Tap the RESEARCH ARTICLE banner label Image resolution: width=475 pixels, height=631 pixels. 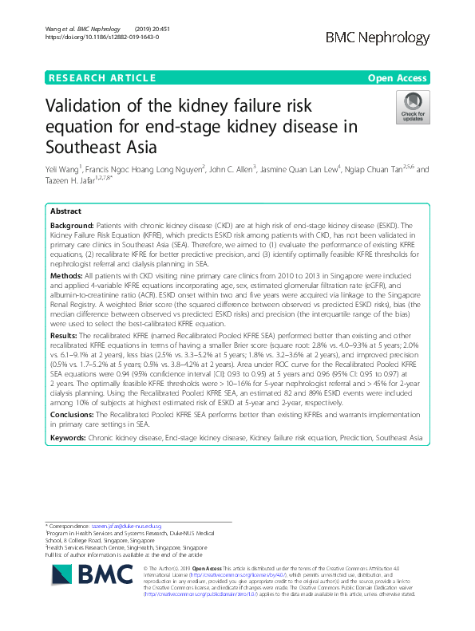102,77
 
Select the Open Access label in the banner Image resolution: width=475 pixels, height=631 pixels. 397,77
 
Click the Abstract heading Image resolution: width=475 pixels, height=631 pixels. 65,212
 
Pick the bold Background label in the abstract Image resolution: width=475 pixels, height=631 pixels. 70,227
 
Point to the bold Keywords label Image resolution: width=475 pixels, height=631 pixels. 69,438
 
